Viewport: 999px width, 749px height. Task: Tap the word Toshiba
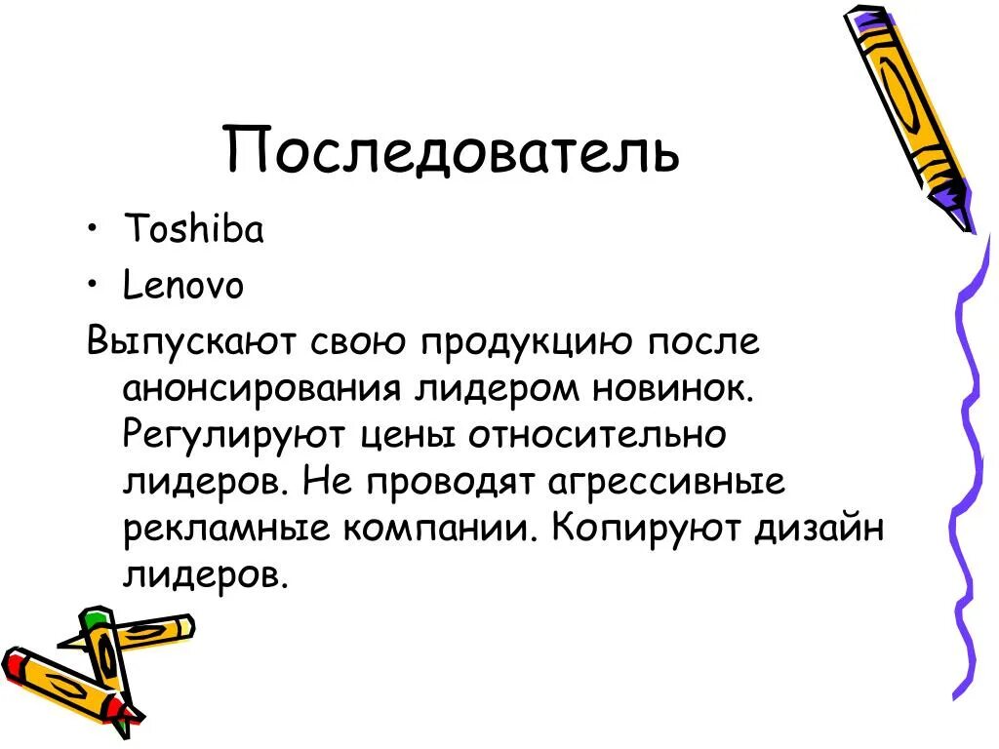[x=193, y=230]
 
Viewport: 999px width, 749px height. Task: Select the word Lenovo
[x=183, y=287]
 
